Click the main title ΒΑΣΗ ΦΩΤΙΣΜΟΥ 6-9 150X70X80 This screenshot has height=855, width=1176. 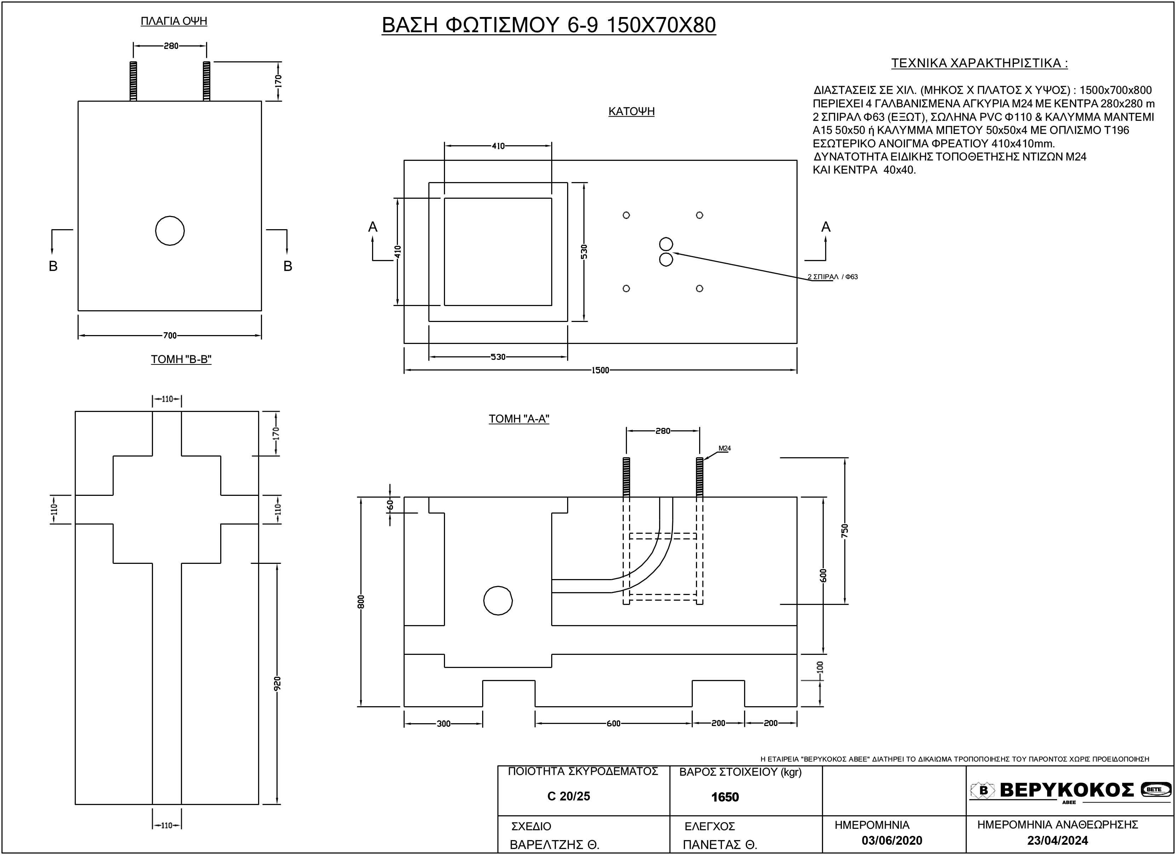[x=549, y=25]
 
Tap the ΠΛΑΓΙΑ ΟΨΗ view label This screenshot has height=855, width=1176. [x=174, y=21]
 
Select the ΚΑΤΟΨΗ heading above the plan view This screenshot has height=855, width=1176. [x=631, y=112]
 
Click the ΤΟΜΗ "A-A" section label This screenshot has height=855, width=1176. [x=519, y=419]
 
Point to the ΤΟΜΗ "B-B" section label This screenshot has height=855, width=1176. [x=181, y=359]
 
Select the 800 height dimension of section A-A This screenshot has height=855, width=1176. [x=361, y=601]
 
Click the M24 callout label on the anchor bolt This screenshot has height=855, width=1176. [x=724, y=448]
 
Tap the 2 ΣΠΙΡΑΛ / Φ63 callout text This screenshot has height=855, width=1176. [x=832, y=277]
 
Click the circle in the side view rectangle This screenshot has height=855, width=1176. [x=170, y=230]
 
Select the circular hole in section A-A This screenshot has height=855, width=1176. [x=498, y=601]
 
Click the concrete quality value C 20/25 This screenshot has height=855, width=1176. [x=568, y=796]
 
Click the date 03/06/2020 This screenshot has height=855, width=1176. [x=892, y=840]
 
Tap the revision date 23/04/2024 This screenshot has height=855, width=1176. [x=1057, y=840]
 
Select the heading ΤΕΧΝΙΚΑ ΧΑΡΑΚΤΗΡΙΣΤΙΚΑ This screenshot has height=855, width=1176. [x=979, y=63]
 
